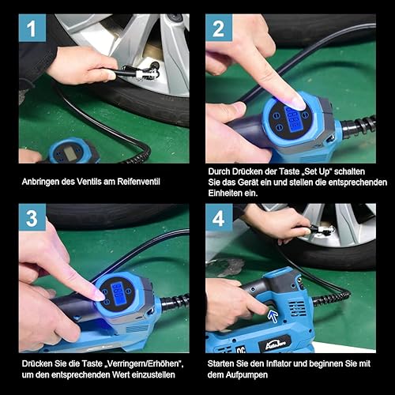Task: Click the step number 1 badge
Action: coord(32,28)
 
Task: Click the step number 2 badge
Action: coord(219,28)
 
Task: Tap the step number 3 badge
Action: coord(32,218)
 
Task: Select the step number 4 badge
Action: coord(219,218)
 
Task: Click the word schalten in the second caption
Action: coord(351,171)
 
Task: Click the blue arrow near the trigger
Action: coord(273,315)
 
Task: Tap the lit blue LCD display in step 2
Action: coord(292,117)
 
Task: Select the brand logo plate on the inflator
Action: coord(275,343)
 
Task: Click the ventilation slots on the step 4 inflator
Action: coord(298,307)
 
